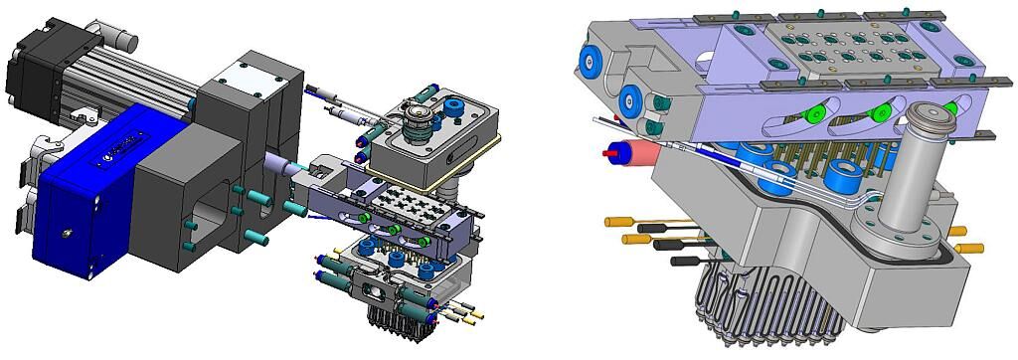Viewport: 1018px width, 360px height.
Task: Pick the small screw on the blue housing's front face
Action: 68,233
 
